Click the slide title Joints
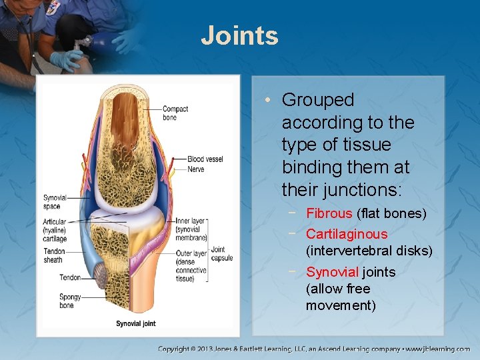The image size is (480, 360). tap(239, 35)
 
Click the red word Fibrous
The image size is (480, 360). tap(329, 213)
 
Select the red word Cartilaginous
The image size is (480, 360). tap(346, 234)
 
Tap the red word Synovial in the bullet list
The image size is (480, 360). tap(332, 272)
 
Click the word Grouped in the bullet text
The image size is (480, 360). tap(317, 100)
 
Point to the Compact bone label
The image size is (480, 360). tap(175, 113)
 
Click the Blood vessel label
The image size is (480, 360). tap(205, 159)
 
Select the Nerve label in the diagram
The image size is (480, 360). tap(196, 169)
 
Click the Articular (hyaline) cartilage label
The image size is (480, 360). tap(55, 230)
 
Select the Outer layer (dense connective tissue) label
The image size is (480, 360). tap(191, 266)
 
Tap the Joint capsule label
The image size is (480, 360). tap(222, 254)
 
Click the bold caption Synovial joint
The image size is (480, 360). tap(136, 323)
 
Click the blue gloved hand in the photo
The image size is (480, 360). tap(67, 61)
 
